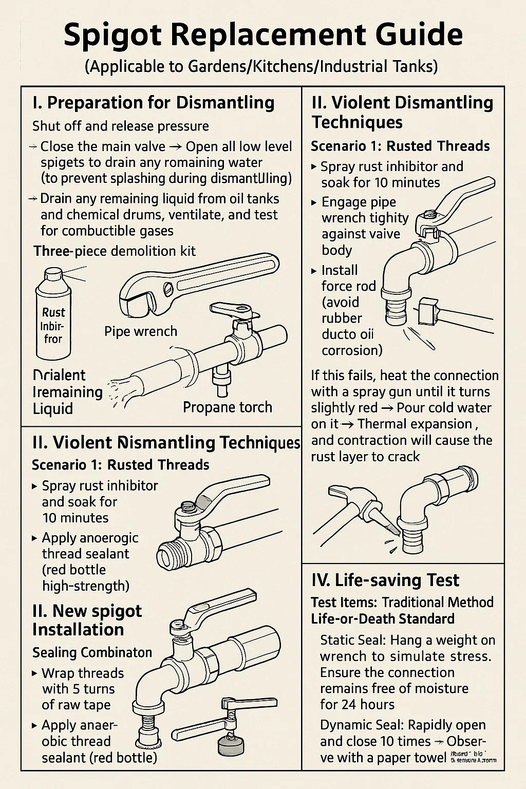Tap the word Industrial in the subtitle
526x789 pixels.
tap(352, 67)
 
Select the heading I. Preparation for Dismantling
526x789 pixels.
tap(153, 103)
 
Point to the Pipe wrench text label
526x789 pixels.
tap(140, 331)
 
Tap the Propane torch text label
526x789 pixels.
tap(227, 407)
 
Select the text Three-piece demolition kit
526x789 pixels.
tap(115, 251)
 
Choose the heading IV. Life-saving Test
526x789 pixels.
tap(385, 580)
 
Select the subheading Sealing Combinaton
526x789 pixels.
tap(92, 652)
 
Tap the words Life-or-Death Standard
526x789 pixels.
tap(383, 618)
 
